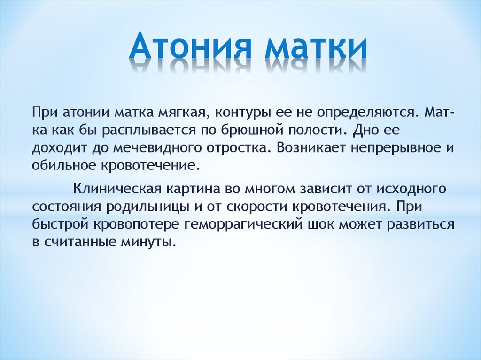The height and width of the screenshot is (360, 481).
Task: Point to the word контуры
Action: [x=242, y=113]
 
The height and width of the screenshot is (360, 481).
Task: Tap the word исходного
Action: [x=411, y=189]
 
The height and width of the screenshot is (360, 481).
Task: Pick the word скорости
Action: [x=256, y=207]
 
